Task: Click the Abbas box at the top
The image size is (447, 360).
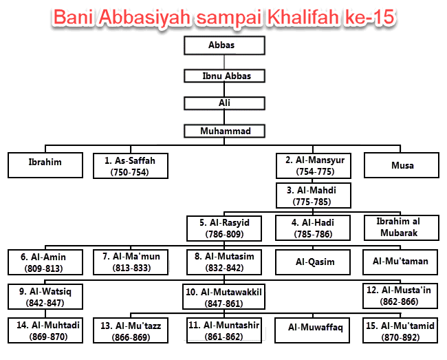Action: [x=223, y=45]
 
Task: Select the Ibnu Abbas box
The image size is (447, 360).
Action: [x=223, y=75]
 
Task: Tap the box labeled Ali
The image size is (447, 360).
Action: [x=223, y=103]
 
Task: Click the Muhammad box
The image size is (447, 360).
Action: [x=223, y=131]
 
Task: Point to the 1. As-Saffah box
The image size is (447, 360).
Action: [x=130, y=166]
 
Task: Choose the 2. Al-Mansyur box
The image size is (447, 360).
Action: [x=314, y=165]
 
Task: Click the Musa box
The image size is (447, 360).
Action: [x=402, y=166]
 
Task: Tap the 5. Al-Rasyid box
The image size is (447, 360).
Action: [x=225, y=229]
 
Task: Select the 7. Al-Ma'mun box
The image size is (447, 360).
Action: [x=131, y=262]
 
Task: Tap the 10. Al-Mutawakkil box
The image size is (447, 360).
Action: [x=224, y=297]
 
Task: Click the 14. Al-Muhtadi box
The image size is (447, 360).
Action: [x=43, y=330]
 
